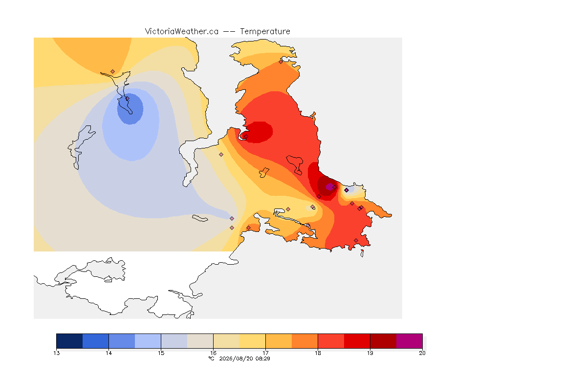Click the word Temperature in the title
[x=265, y=32]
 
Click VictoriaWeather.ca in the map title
[x=182, y=32]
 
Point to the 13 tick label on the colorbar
[x=56, y=353]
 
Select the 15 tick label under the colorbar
[x=161, y=353]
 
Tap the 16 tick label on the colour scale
[x=213, y=353]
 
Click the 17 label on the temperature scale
[x=265, y=353]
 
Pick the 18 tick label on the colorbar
[x=318, y=353]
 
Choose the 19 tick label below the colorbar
[x=370, y=353]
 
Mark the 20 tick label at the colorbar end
[x=422, y=353]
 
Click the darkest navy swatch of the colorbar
[x=70, y=341]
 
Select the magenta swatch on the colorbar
[x=410, y=341]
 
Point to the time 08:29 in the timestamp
[x=262, y=358]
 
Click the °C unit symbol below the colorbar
[x=211, y=358]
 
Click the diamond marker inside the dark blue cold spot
[x=127, y=99]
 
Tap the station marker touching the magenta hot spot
[x=334, y=187]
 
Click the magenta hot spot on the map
[x=329, y=187]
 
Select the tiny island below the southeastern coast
[x=362, y=253]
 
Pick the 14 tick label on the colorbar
[x=109, y=353]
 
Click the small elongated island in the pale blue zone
[x=200, y=218]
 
